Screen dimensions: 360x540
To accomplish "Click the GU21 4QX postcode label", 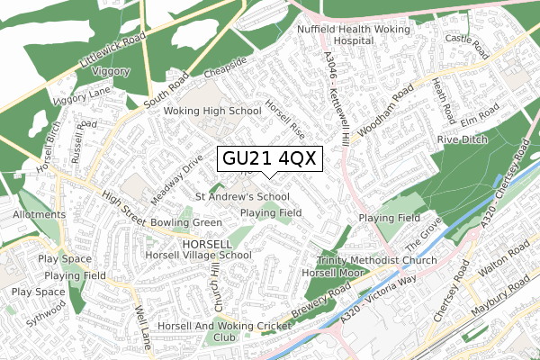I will click(267, 157).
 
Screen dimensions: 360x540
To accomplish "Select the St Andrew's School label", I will click(242, 196).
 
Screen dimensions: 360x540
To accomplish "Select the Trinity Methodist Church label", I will click(376, 260).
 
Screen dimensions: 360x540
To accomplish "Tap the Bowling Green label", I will click(187, 221).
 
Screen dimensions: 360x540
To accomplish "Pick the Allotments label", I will click(39, 215).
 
